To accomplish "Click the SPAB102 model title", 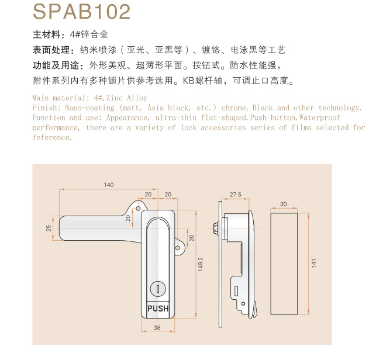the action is (x=81, y=12).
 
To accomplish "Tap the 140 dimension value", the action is (x=109, y=185).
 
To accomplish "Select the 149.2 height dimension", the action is (x=201, y=264).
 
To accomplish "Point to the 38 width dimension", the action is (x=157, y=327).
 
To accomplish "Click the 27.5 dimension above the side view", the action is (x=236, y=195).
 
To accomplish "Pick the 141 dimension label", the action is (x=314, y=263).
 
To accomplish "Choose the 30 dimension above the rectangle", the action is (x=284, y=204).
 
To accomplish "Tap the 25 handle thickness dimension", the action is (x=49, y=228).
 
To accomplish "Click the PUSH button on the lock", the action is (x=158, y=309).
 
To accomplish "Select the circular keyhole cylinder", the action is (x=158, y=289).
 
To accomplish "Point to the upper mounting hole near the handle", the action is (x=138, y=208).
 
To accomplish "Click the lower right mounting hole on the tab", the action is (x=178, y=248).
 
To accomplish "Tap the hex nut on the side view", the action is (x=216, y=228).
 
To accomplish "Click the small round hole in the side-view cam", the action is (x=243, y=304).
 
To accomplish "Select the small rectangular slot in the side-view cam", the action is (x=236, y=290).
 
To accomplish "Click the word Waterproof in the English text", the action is (x=320, y=117).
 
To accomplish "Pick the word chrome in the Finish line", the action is (x=234, y=108).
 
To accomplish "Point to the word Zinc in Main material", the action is (x=115, y=98).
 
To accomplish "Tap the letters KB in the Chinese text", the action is (x=189, y=81).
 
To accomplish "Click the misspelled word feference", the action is (x=52, y=137).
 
